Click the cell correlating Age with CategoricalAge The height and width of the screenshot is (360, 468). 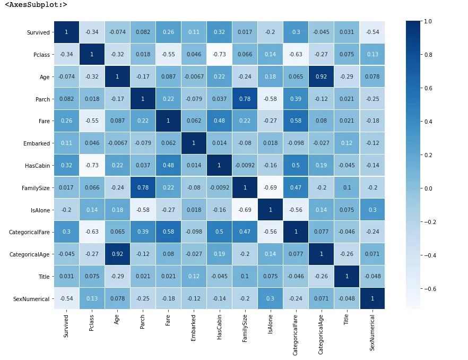(321, 77)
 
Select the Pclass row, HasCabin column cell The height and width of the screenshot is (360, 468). (219, 55)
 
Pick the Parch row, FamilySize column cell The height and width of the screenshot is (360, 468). (245, 99)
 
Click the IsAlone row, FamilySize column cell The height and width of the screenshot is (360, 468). (245, 210)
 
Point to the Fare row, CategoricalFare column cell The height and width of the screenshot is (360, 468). (296, 121)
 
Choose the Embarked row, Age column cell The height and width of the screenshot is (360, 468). (117, 143)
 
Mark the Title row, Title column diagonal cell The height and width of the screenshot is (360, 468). (346, 277)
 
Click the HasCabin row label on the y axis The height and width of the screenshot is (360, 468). (37, 166)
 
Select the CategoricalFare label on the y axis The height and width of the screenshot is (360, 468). (30, 233)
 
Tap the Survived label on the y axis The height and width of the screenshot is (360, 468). (38, 33)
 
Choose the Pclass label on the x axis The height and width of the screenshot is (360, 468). (92, 323)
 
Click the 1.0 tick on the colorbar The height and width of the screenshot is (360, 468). (428, 21)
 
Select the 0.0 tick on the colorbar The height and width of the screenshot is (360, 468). (428, 188)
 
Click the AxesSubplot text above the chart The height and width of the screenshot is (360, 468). (36, 5)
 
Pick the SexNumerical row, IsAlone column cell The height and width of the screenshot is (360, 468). (270, 299)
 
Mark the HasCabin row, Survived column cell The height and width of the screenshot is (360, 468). (66, 166)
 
